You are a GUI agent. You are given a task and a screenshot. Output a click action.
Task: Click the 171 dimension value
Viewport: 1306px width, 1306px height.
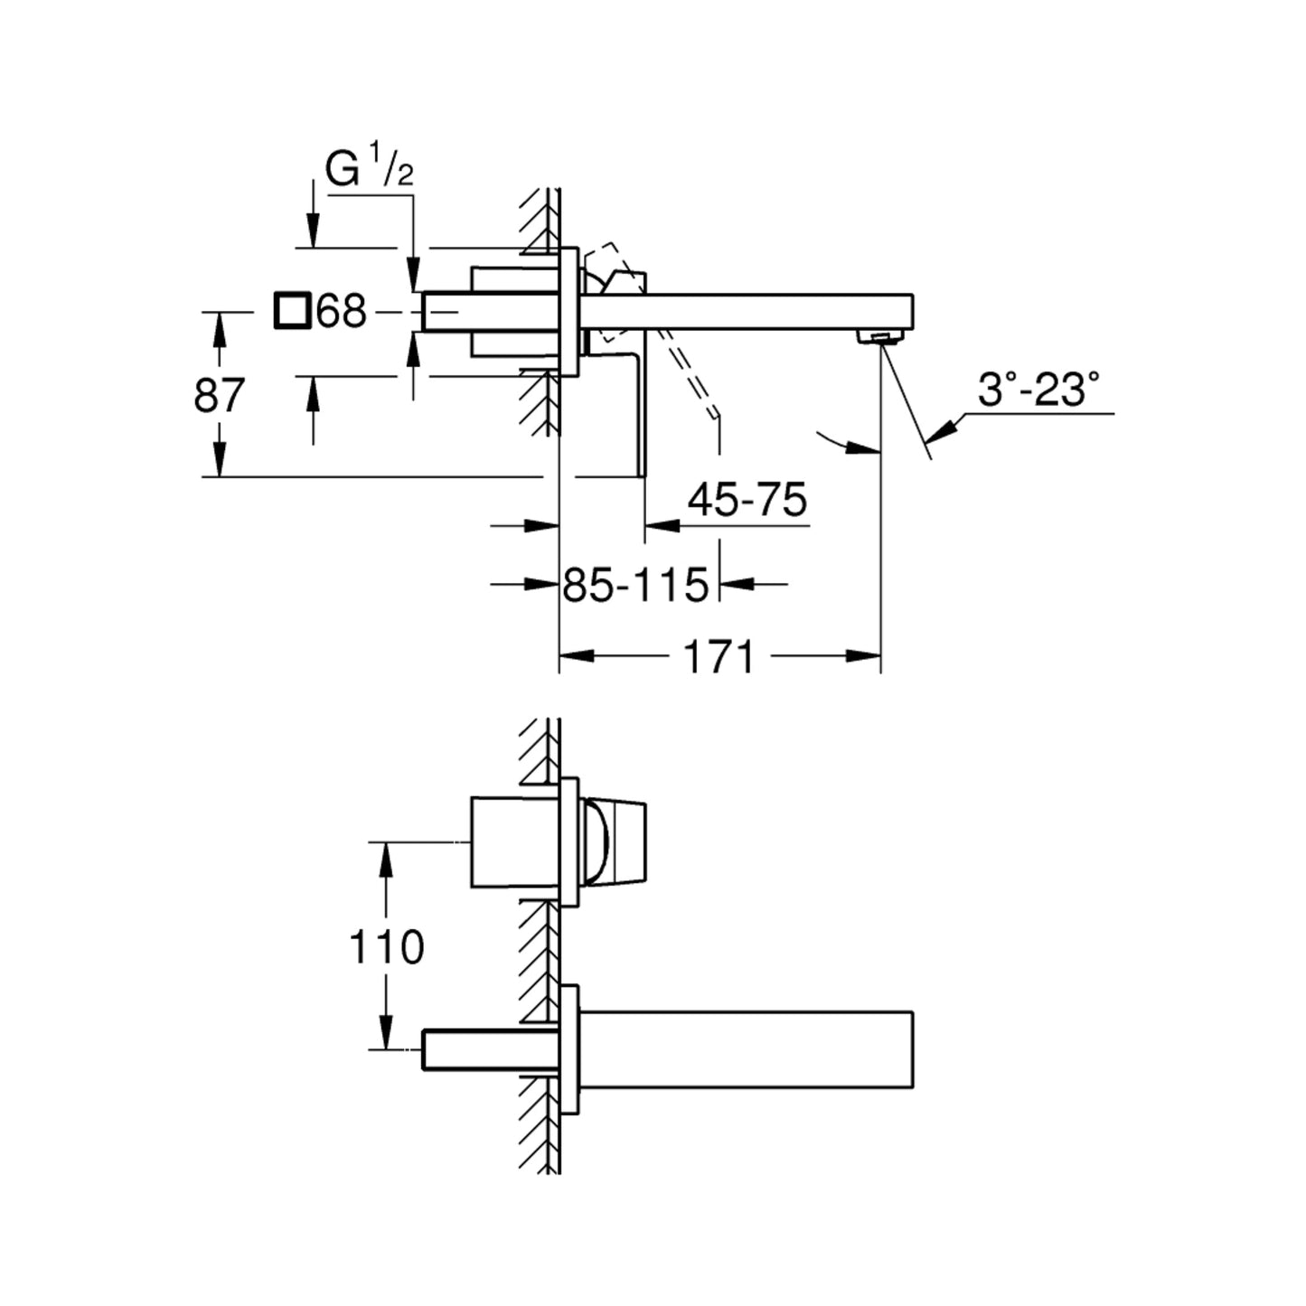coord(719,657)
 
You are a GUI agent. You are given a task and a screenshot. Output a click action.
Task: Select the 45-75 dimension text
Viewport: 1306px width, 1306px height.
coord(747,501)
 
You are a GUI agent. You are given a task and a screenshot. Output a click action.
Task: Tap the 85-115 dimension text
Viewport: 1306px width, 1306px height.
coord(635,585)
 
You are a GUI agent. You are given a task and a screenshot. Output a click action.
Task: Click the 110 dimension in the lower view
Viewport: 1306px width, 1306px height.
coord(386,947)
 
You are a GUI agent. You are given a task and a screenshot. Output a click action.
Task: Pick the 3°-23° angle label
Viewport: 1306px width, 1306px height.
coord(1038,390)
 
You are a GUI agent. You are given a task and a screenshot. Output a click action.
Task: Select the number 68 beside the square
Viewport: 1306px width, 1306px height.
coord(341,312)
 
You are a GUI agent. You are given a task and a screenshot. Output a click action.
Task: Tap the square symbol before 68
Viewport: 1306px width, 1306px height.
coord(292,311)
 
